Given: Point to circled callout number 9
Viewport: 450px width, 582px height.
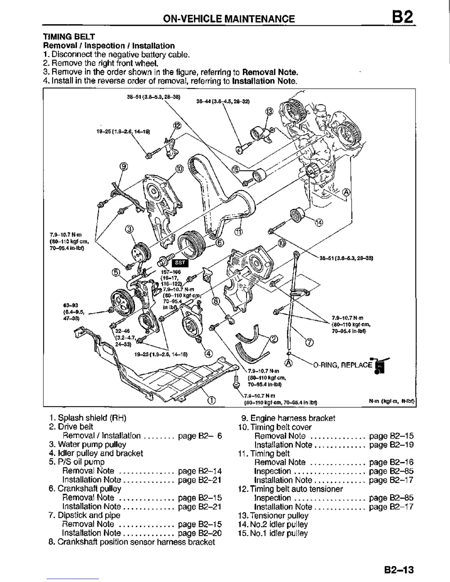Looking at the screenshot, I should click(124, 166).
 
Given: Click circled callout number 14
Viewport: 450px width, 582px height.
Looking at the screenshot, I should click(318, 222).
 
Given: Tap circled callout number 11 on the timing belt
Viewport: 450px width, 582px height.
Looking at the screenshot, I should click(239, 232).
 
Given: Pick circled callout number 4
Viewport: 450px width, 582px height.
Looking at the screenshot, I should click(208, 354).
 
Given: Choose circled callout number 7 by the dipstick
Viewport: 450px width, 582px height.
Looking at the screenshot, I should click(310, 343).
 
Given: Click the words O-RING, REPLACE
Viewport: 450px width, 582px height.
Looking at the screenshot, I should click(343, 365).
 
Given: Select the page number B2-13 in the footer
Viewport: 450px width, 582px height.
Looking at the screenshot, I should click(399, 570).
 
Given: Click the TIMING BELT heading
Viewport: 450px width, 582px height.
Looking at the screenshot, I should click(69, 37).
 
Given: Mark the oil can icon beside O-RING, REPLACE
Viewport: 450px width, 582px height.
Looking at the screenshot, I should click(381, 366).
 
